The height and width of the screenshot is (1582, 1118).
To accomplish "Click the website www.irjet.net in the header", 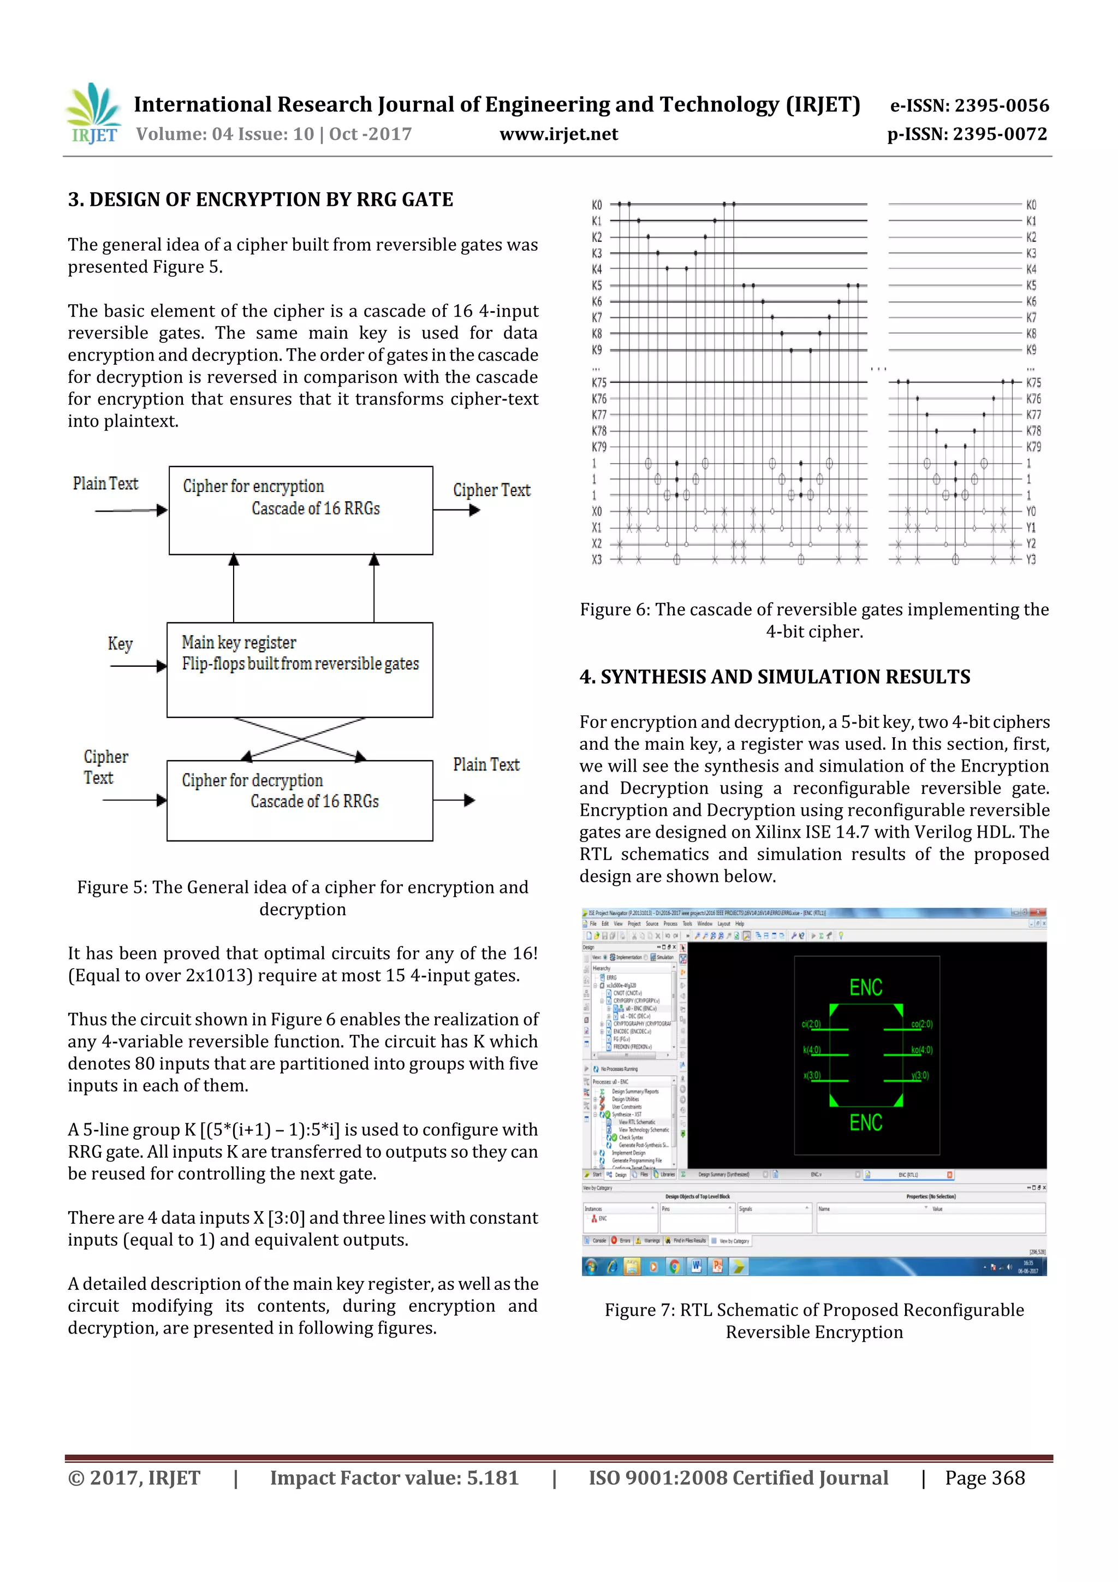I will (558, 134).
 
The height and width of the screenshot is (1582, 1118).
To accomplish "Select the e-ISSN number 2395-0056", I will (1001, 105).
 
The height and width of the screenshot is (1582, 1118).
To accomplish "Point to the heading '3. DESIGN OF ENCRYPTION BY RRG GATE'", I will (260, 200).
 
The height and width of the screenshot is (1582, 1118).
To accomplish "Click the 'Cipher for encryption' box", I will (300, 510).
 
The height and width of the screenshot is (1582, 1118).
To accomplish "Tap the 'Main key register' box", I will (300, 669).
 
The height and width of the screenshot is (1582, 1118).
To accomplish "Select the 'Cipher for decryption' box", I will (300, 800).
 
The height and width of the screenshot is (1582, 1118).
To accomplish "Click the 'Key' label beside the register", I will (120, 643).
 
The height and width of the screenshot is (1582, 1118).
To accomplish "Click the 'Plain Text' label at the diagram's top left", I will (105, 484).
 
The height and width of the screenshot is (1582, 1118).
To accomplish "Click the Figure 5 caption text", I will (302, 898).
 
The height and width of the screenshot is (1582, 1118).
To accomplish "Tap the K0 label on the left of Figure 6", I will (597, 205).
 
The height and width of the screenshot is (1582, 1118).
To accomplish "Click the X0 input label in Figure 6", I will (597, 511).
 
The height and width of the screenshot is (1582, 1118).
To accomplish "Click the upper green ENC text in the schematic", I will (865, 987).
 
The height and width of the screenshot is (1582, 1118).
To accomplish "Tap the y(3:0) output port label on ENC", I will (920, 1076).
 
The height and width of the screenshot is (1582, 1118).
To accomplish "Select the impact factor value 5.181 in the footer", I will (492, 1478).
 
